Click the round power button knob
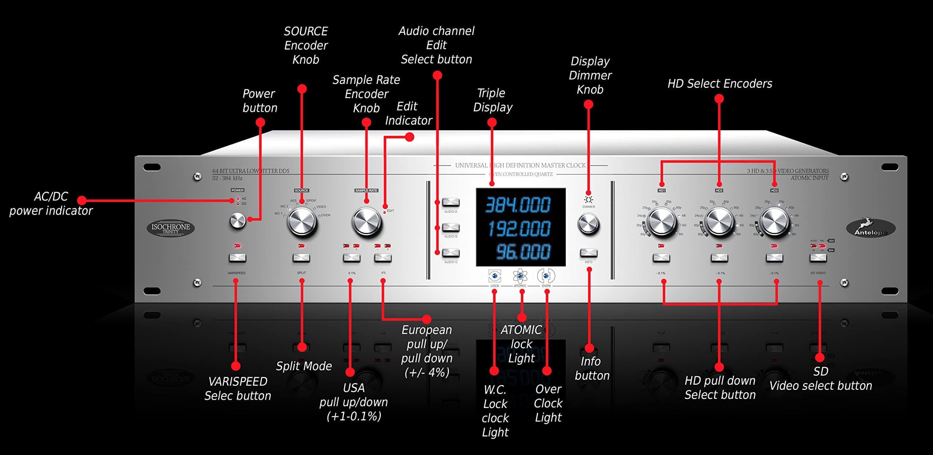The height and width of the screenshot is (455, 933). (238, 221)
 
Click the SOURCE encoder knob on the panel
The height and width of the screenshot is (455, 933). (302, 221)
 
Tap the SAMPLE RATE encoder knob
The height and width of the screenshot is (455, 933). (366, 221)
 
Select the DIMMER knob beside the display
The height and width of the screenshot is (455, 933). (588, 223)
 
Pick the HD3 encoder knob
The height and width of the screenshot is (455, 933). (774, 221)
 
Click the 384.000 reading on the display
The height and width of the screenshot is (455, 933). (518, 205)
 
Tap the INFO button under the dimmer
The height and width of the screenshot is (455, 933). (589, 253)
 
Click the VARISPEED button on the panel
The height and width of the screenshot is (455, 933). (237, 258)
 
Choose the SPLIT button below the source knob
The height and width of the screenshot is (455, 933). (301, 258)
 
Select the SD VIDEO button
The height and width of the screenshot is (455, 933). (818, 258)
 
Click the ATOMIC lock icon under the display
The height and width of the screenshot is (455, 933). (520, 276)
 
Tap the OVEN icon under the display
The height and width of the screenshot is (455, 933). (546, 276)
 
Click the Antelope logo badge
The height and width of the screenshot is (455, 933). (870, 228)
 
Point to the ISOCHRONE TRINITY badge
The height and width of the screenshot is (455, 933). (171, 228)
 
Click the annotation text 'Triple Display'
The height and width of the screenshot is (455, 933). (492, 100)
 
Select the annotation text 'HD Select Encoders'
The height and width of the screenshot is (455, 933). (720, 84)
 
